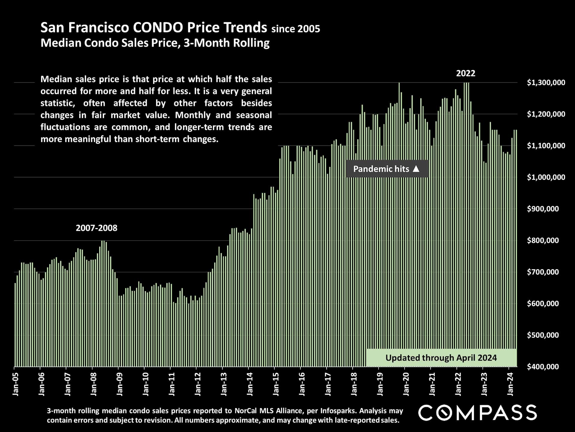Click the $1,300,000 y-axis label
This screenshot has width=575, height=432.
pyautogui.click(x=546, y=82)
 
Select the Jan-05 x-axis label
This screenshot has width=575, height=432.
pyautogui.click(x=16, y=384)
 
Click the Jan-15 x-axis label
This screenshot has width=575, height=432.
pyautogui.click(x=276, y=384)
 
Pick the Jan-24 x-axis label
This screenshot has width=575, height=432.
pyautogui.click(x=510, y=384)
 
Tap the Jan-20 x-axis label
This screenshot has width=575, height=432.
pyautogui.click(x=406, y=384)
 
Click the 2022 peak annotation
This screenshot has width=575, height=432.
pyautogui.click(x=465, y=73)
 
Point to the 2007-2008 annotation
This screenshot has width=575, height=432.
pyautogui.click(x=96, y=228)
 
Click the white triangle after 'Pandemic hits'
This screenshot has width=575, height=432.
pyautogui.click(x=416, y=169)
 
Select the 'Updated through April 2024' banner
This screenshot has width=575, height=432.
pyautogui.click(x=441, y=358)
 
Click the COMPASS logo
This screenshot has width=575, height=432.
pyautogui.click(x=477, y=412)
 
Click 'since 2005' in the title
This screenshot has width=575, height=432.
pyautogui.click(x=296, y=29)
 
